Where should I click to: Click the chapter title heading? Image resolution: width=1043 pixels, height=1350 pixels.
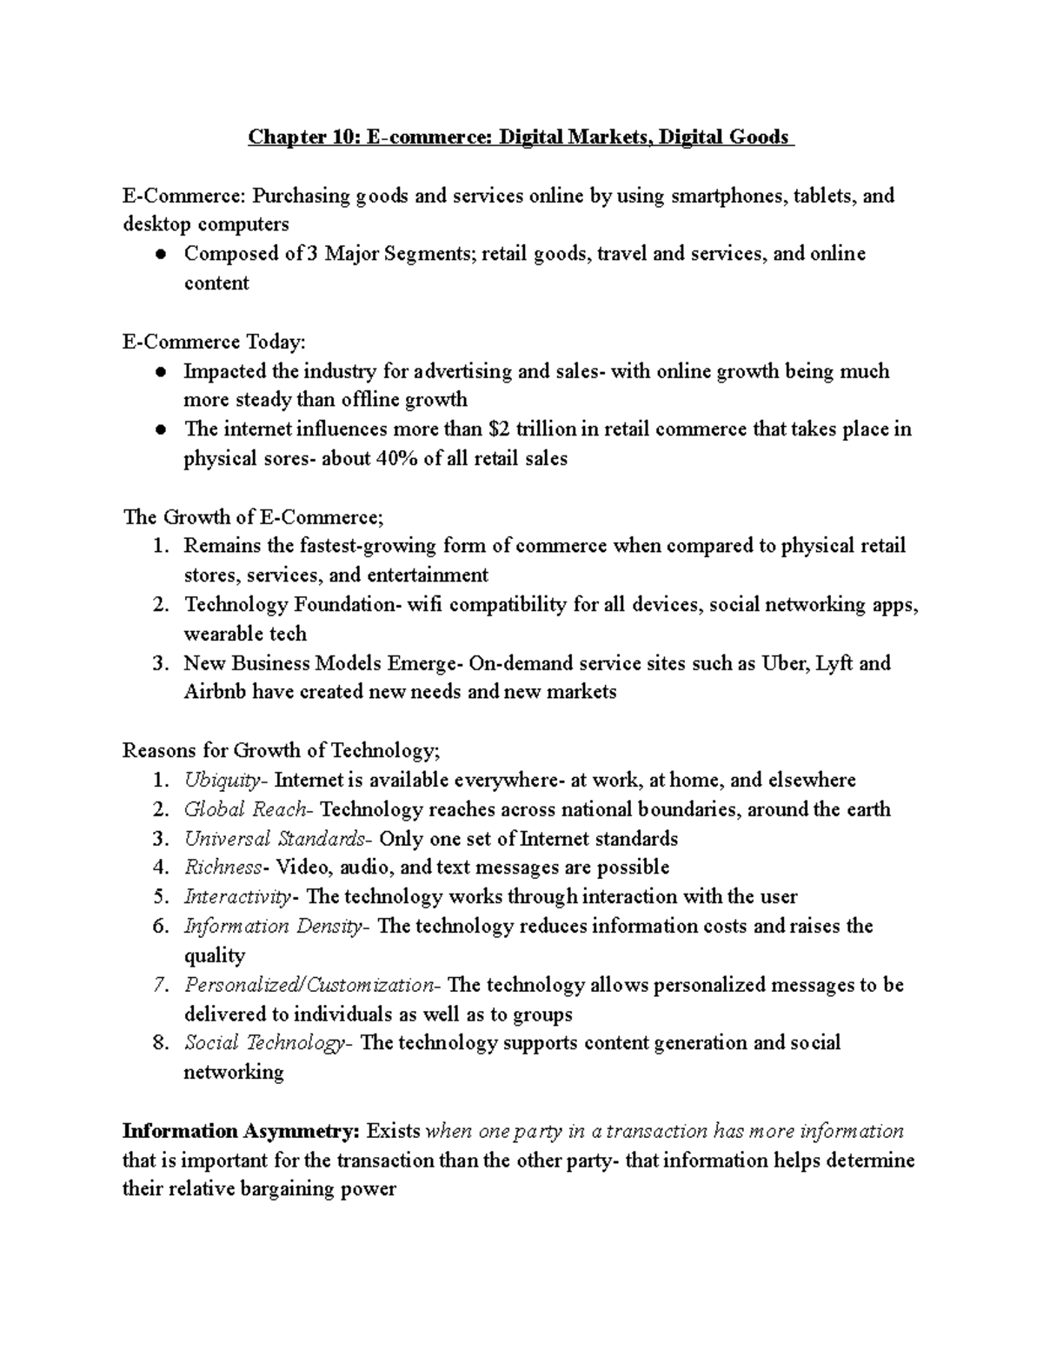coord(521,137)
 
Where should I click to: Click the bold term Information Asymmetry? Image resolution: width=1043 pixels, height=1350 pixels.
coord(241,1131)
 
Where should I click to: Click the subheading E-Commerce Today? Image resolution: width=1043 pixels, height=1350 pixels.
coord(215,342)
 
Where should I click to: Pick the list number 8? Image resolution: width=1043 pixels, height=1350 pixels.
coord(159,1043)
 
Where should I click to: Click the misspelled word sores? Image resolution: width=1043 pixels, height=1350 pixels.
coord(284,459)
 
